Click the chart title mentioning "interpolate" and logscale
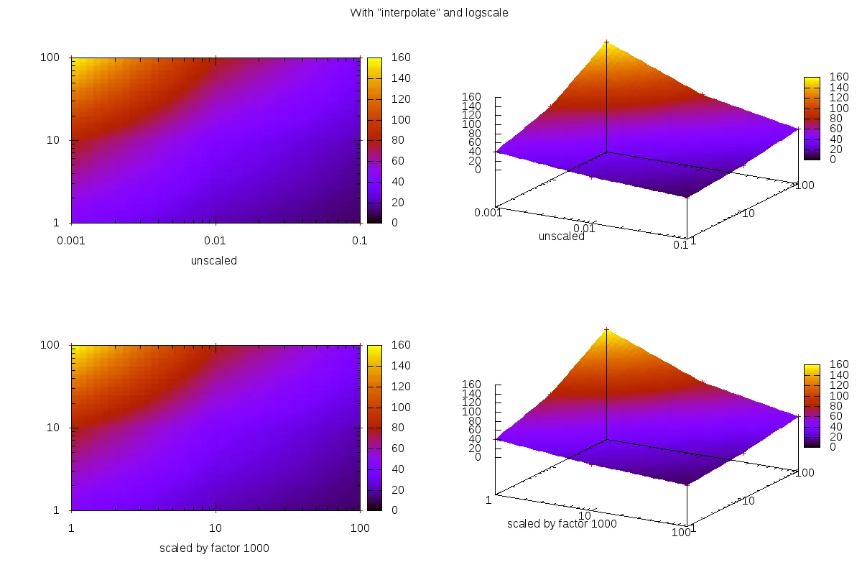(429, 13)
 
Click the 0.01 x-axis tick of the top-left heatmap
(215, 241)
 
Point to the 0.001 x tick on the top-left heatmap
(70, 241)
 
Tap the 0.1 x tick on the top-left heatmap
(359, 241)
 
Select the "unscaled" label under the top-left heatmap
(213, 261)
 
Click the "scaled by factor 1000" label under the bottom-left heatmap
(213, 548)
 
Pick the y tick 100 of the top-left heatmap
(49, 57)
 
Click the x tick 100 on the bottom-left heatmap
(359, 528)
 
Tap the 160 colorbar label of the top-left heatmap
(399, 57)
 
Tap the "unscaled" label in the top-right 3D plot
(561, 236)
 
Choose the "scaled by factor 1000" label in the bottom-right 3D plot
(561, 523)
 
